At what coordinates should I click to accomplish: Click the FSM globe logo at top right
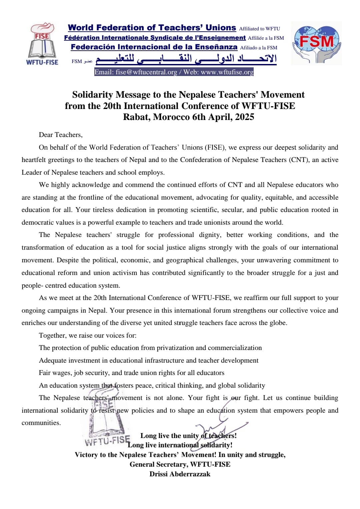click(316, 43)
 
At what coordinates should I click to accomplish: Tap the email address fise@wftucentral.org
click(146, 72)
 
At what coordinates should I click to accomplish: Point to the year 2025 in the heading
click(244, 117)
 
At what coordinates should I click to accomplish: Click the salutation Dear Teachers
click(60, 135)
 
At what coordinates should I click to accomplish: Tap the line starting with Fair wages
click(131, 373)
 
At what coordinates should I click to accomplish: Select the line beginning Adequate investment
click(148, 360)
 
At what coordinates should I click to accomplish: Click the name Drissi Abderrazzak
click(180, 474)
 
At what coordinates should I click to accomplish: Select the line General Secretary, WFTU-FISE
click(180, 464)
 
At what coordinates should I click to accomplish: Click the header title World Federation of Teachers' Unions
click(152, 28)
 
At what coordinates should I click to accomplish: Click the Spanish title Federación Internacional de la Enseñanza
click(154, 47)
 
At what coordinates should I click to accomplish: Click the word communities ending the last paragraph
click(41, 423)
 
